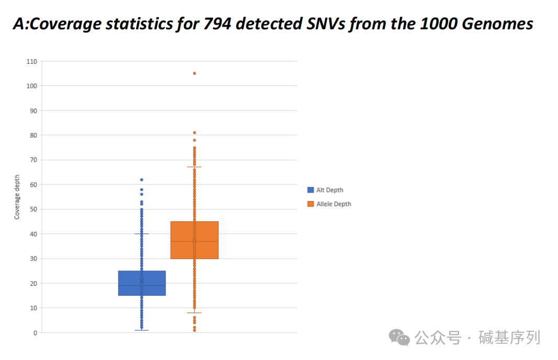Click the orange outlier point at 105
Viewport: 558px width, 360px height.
coord(194,73)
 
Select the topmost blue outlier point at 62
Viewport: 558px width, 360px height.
coord(141,179)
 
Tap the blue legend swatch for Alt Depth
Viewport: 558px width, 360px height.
coord(310,190)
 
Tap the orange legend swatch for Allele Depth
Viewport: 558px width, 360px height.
coord(310,204)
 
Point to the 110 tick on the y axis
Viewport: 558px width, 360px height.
coord(32,61)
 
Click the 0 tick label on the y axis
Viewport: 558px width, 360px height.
coord(35,333)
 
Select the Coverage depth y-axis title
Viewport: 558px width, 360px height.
coord(17,197)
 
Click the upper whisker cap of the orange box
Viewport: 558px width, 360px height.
coord(194,167)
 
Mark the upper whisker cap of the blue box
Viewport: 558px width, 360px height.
coord(141,234)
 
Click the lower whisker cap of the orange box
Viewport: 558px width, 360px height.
coord(194,313)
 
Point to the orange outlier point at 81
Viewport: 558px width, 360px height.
coord(194,132)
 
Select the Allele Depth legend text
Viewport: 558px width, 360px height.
coord(333,204)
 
